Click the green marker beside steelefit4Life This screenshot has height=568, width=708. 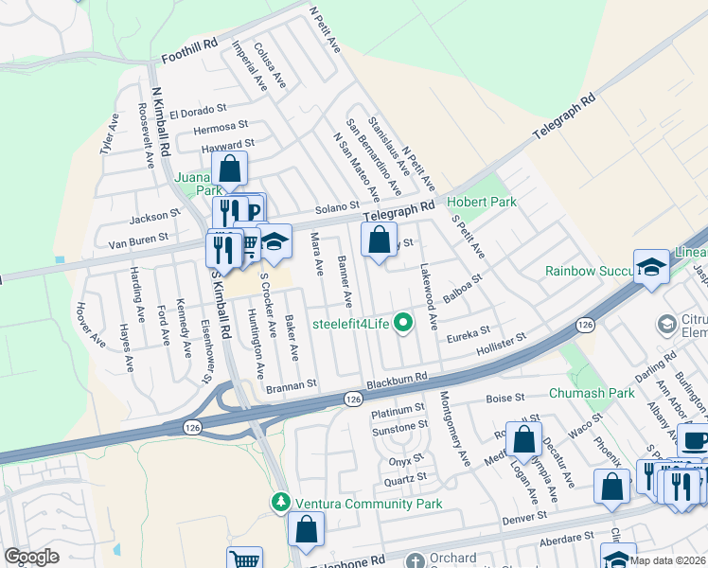(x=404, y=324)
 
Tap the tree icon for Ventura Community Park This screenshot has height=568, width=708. (x=280, y=501)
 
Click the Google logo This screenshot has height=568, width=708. (x=31, y=557)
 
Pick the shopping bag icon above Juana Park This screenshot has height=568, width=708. (x=229, y=170)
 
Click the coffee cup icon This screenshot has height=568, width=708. (x=694, y=440)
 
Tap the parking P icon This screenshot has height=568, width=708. (x=254, y=209)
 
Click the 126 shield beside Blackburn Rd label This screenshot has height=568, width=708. (x=353, y=400)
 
